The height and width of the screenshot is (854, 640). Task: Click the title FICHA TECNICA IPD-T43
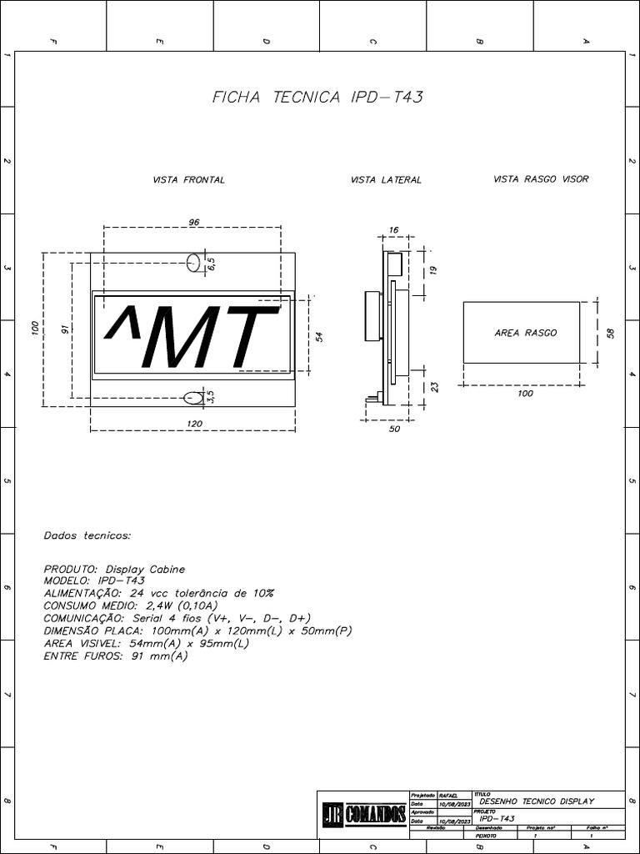coord(318,98)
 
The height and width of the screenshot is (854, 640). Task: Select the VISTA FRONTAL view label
coord(188,180)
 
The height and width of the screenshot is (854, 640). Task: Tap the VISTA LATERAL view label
coord(386,180)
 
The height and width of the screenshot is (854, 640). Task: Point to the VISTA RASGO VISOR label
coord(541,179)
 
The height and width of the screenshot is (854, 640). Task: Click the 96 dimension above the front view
coord(193,223)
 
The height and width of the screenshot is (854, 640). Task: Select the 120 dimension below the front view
coord(193,424)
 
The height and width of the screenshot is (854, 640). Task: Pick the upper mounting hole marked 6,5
coord(193,264)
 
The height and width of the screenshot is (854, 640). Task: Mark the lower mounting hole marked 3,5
coord(193,397)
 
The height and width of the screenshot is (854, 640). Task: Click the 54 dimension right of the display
coord(319,336)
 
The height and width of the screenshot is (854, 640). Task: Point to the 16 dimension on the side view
coord(393,229)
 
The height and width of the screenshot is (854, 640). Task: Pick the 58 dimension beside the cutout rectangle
coord(610,333)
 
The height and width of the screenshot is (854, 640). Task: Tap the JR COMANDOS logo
coord(364,813)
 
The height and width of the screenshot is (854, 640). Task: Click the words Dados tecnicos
coord(87,535)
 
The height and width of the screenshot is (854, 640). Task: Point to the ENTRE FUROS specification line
coord(116,656)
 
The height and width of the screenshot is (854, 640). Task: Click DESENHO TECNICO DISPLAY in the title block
coord(537,801)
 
